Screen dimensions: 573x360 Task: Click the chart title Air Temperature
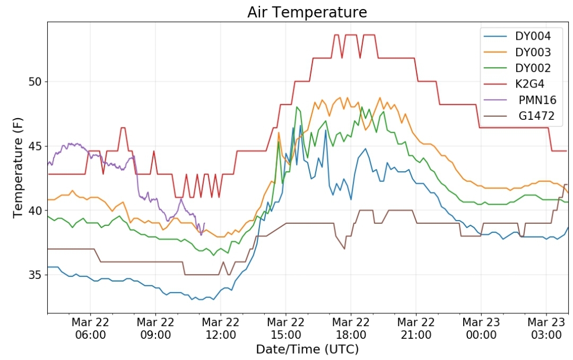click(x=307, y=12)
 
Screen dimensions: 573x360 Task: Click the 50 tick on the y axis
click(x=35, y=82)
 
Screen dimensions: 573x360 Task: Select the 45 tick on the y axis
click(x=35, y=146)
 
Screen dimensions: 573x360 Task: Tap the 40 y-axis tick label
click(x=35, y=210)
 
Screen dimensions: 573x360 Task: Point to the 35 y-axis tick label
click(x=35, y=275)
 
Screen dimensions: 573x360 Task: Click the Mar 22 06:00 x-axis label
click(x=90, y=328)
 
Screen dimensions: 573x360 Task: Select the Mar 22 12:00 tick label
click(x=220, y=328)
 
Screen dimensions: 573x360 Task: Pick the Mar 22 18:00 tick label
click(x=351, y=328)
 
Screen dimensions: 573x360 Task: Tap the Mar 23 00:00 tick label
click(x=481, y=328)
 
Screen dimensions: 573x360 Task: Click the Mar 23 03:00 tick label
click(x=546, y=328)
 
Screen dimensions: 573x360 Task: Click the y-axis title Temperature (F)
click(x=18, y=168)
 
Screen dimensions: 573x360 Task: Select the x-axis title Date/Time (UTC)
click(x=307, y=349)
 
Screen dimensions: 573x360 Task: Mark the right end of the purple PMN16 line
click(x=204, y=223)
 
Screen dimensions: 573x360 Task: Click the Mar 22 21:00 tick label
click(x=416, y=328)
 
